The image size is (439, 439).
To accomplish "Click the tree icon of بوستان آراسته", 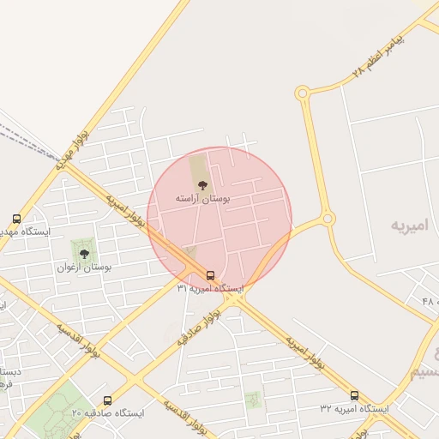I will click(x=203, y=184).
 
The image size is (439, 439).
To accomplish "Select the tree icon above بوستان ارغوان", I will click(x=84, y=253).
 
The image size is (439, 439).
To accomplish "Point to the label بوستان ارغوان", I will click(x=84, y=268).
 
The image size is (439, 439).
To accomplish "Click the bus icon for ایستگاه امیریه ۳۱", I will click(x=210, y=275).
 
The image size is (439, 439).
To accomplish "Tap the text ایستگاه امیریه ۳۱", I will click(x=210, y=289).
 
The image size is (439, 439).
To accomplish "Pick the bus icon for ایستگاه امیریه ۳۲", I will click(x=354, y=395).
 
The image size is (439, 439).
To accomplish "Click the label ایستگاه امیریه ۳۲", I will click(x=354, y=409).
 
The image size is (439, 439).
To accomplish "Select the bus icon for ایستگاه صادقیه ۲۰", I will click(x=107, y=400).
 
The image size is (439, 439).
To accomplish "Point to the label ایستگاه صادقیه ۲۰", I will click(x=108, y=413).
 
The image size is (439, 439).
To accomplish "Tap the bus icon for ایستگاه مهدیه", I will click(x=16, y=219).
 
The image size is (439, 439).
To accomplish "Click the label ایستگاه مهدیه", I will click(x=24, y=232).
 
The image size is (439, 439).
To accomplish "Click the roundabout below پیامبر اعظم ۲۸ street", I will click(x=301, y=92).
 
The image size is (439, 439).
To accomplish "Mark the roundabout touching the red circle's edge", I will click(x=328, y=219).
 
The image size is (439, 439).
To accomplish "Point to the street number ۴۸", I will click(x=430, y=301).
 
